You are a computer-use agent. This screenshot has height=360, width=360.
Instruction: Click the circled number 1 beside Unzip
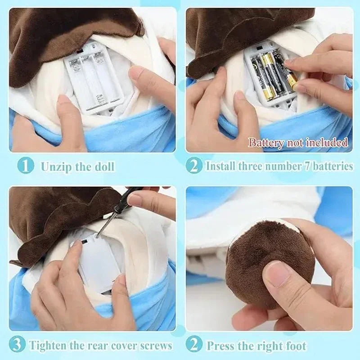click(26, 166)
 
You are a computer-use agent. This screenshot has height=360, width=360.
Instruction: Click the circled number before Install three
click(194, 166)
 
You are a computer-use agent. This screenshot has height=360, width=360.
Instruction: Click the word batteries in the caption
click(332, 166)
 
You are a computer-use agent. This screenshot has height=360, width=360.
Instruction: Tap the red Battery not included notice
click(298, 143)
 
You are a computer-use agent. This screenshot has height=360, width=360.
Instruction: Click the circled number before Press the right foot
click(194, 345)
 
